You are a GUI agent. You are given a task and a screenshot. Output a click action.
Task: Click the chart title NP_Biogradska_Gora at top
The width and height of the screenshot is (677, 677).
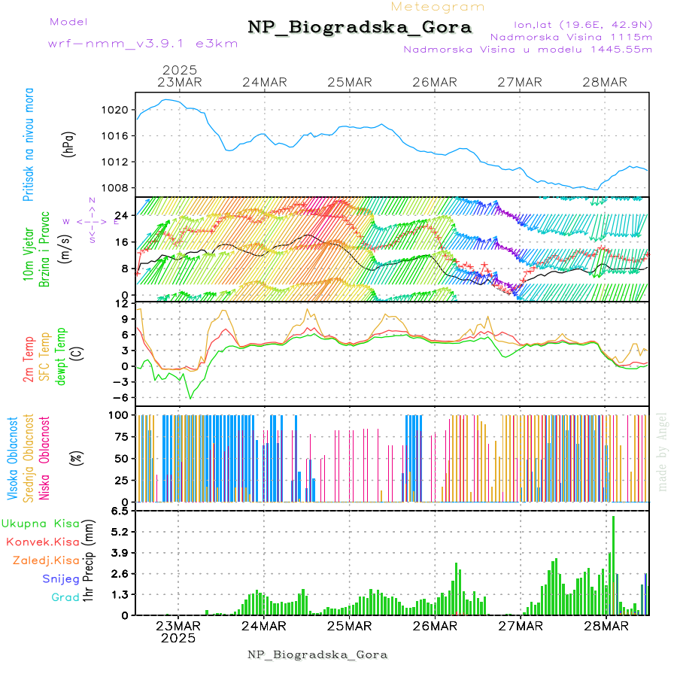coord(360,28)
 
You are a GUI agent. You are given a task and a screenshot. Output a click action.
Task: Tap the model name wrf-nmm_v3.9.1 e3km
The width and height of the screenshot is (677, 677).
coord(143,44)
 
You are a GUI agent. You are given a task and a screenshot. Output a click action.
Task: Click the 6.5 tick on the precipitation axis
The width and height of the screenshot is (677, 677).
coord(119,511)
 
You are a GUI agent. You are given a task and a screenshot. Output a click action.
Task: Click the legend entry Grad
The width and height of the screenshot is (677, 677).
coord(65,597)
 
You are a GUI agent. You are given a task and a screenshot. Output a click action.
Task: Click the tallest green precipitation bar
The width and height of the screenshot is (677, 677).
coord(613,564)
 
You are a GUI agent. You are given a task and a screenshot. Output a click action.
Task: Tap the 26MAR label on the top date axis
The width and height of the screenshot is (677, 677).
coord(435,82)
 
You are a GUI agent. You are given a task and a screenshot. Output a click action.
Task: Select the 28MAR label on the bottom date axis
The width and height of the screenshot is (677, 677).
coord(606,625)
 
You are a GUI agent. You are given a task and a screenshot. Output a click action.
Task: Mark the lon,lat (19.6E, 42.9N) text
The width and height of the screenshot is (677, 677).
coord(583,24)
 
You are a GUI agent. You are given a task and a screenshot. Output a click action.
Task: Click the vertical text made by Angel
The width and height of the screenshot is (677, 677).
coord(663,451)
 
